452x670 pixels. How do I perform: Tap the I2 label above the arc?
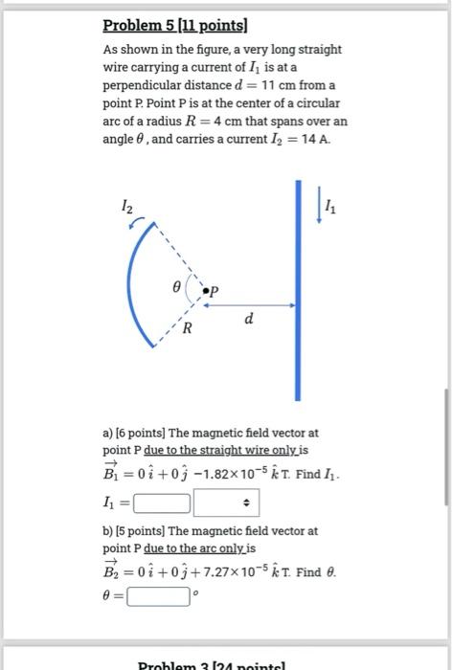click(128, 205)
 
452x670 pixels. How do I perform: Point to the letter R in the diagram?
click(189, 328)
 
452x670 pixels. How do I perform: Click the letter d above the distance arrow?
click(249, 318)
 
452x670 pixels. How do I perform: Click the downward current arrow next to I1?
click(320, 207)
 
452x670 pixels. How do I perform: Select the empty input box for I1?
click(162, 501)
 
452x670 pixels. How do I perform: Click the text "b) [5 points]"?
click(135, 529)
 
